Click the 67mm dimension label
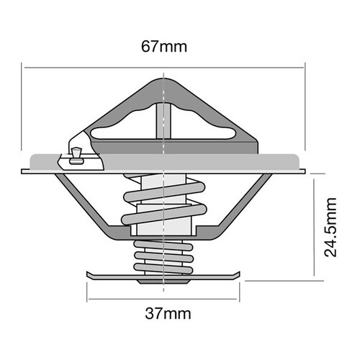pyautogui.click(x=164, y=48)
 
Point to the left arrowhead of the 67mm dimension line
pyautogui.click(x=27, y=68)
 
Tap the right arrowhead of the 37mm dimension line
pyautogui.click(x=238, y=300)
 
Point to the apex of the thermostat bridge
pyautogui.click(x=164, y=79)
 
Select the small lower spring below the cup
pyautogui.click(x=164, y=256)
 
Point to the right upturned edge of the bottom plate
pyautogui.click(x=239, y=274)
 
